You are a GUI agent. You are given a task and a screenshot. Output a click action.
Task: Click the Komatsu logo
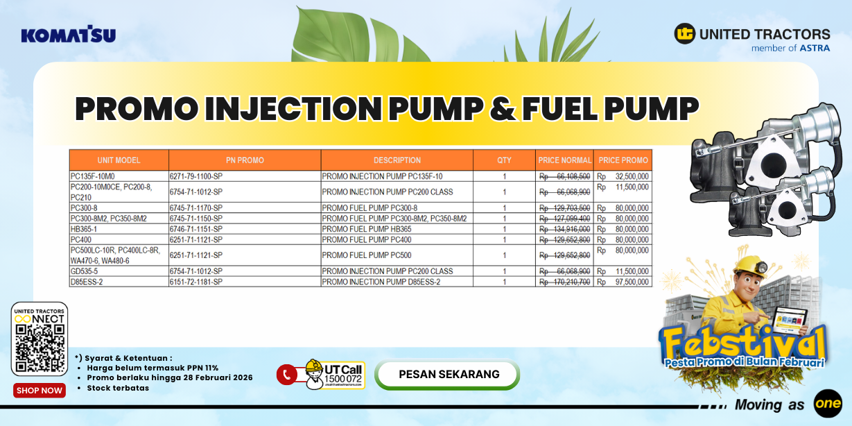coord(68,35)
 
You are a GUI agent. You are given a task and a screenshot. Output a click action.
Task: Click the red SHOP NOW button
coord(40,391)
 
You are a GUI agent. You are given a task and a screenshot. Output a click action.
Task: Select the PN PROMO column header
coord(245,160)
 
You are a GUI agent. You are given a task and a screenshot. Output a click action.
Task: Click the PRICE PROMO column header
coord(623,160)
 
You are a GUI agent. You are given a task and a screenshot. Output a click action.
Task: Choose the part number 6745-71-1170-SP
coord(196,208)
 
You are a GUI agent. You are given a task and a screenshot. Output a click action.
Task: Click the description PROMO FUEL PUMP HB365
coord(367,229)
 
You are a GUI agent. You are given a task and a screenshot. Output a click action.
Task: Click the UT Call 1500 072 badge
coord(334,375)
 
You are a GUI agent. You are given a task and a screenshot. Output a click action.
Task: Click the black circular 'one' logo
coord(828,404)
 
